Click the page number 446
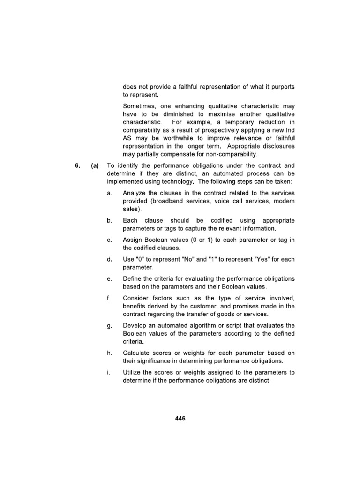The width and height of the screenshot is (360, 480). [180, 419]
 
